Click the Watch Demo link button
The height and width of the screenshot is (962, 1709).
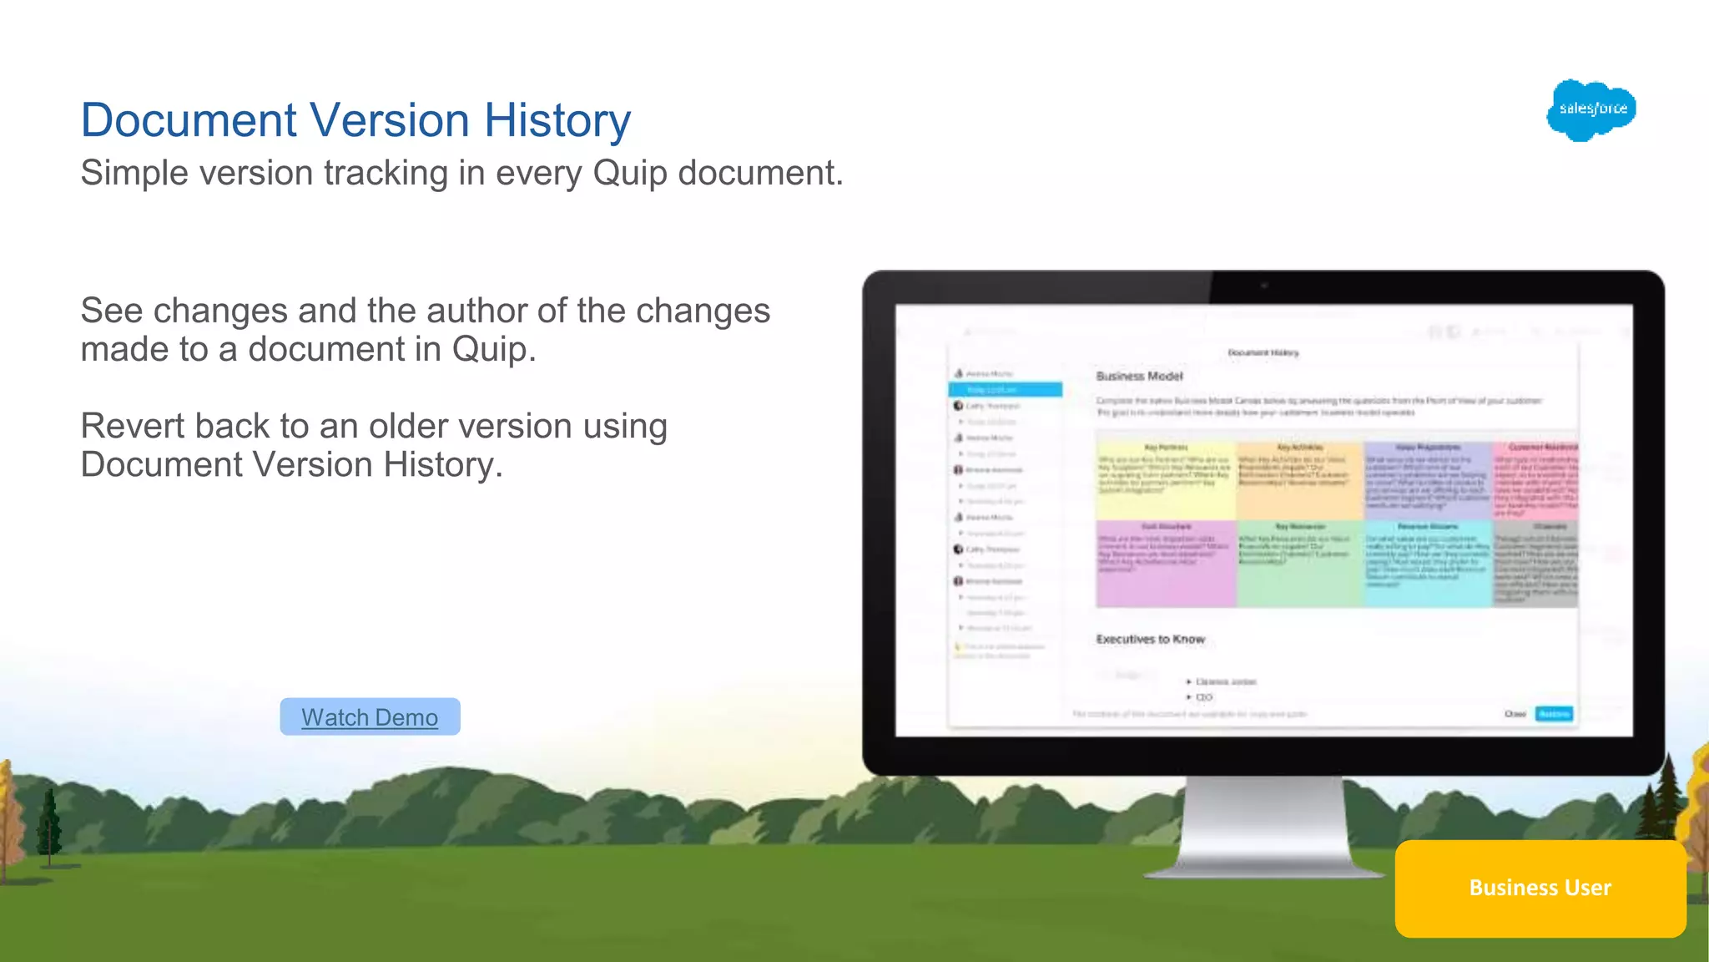point(370,717)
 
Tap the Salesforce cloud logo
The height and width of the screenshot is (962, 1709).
point(1591,109)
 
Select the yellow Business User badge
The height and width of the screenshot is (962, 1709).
point(1540,888)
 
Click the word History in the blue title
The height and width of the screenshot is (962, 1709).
point(557,120)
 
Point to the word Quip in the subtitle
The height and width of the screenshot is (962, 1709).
point(631,174)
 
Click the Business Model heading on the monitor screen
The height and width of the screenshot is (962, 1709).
point(1139,377)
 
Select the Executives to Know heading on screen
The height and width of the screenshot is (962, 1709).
point(1150,640)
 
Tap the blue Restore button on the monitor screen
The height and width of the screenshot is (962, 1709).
point(1554,714)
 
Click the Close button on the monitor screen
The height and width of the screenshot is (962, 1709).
point(1515,714)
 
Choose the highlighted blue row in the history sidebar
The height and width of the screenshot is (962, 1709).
point(1005,390)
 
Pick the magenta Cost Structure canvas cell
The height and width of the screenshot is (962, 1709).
point(1165,564)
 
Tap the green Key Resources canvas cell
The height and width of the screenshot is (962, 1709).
point(1299,564)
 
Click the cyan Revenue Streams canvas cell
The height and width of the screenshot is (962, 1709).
point(1427,564)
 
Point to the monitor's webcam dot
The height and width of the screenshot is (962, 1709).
point(1263,286)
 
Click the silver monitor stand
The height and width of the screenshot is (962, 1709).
point(1264,827)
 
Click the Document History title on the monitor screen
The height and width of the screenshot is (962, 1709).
point(1263,353)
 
